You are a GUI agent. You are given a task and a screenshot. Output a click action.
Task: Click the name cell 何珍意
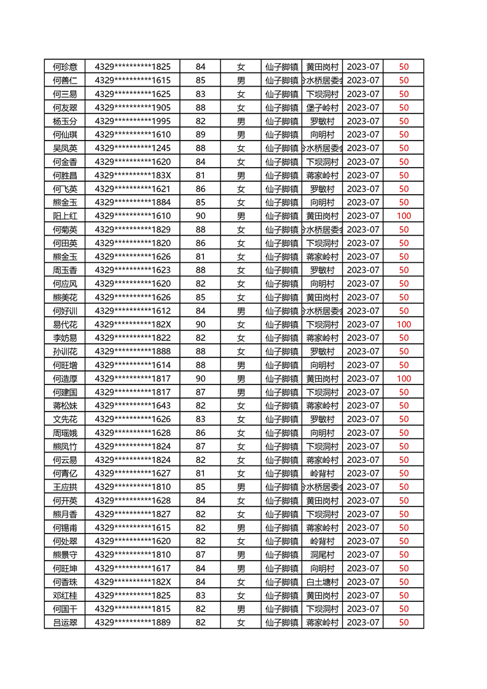point(65,67)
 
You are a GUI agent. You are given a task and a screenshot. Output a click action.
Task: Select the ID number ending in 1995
point(133,121)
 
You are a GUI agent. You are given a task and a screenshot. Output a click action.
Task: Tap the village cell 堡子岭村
point(322,107)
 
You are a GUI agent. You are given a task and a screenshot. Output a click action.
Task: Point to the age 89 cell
point(200,134)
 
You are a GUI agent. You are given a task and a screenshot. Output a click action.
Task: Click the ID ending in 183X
point(133,176)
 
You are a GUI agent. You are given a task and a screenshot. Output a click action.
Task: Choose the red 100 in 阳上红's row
point(403,216)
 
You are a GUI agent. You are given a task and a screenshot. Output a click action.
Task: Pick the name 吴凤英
point(65,148)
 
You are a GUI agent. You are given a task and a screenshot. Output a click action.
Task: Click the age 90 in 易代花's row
point(200,324)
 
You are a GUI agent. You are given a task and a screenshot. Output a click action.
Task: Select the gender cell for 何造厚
point(241,379)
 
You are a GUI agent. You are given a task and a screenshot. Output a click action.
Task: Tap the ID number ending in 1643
point(133,406)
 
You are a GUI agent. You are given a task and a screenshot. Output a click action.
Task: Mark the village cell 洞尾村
point(322,555)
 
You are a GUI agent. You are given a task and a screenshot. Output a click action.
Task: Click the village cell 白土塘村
point(322,582)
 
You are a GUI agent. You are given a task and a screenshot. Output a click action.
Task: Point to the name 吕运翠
point(65,623)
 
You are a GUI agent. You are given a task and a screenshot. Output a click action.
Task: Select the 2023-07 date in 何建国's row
point(364,392)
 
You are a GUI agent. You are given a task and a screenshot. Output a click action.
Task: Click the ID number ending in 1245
point(133,148)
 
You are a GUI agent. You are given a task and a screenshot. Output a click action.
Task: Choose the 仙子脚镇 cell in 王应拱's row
point(281,487)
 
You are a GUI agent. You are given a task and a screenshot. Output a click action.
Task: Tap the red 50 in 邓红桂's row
point(403,596)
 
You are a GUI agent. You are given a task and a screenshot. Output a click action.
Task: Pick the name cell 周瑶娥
point(65,433)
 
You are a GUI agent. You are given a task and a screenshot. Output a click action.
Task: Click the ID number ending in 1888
point(133,351)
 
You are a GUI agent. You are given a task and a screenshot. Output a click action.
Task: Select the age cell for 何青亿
point(200,473)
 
